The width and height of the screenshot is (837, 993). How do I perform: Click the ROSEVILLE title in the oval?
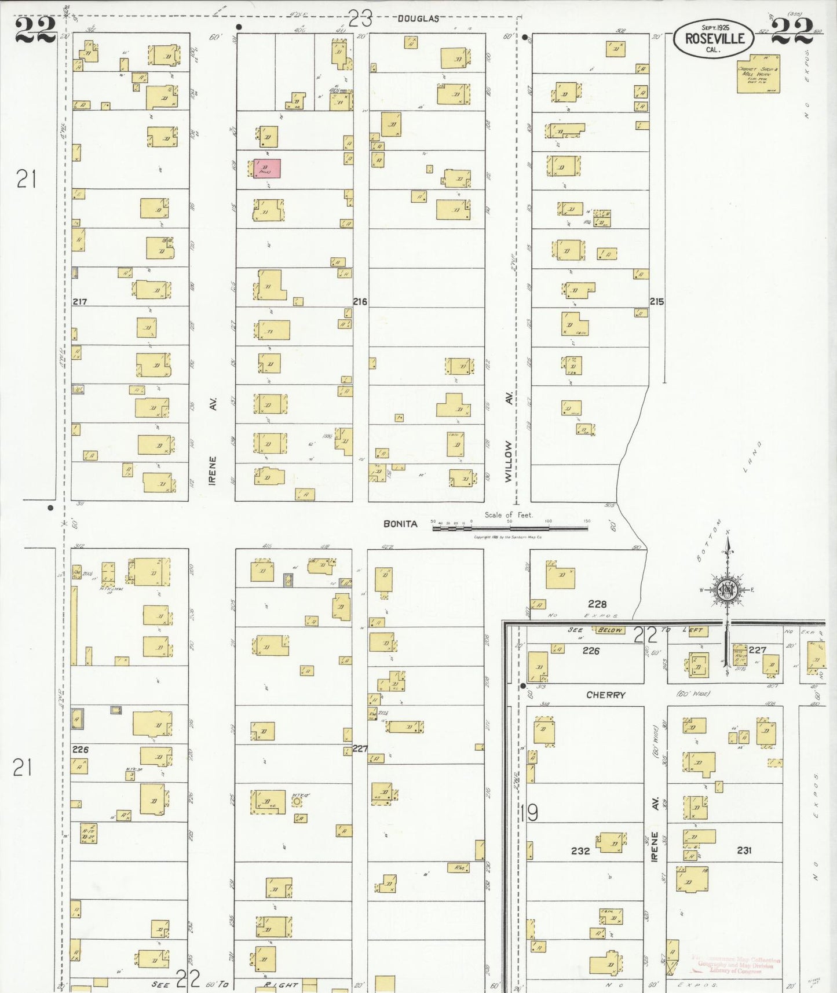(x=714, y=39)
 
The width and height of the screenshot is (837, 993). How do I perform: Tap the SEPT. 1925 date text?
(x=715, y=27)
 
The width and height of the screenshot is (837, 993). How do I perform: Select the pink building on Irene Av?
(x=268, y=169)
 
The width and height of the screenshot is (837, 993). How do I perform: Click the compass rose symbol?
(x=726, y=590)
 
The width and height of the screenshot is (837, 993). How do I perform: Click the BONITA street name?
(x=400, y=524)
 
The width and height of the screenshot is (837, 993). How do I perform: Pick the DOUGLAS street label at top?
(x=418, y=19)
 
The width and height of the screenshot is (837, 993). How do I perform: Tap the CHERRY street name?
(x=605, y=695)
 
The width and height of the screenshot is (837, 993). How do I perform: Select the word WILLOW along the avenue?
(x=509, y=461)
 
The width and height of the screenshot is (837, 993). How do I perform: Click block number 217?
(x=80, y=302)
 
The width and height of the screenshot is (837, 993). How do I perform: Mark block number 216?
(x=360, y=302)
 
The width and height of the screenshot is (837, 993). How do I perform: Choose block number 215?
(x=657, y=302)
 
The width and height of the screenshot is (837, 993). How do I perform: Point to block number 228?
(x=597, y=604)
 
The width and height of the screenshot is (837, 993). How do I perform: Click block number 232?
(x=580, y=850)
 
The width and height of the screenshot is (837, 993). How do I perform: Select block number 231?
(x=744, y=850)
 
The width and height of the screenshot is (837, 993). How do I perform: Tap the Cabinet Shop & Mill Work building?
(x=758, y=74)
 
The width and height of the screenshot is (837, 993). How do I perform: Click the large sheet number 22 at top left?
(x=35, y=30)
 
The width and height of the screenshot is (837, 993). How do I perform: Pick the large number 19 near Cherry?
(x=529, y=813)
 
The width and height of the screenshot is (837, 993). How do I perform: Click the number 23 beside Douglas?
(x=360, y=19)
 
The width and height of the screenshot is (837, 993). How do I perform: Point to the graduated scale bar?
(x=510, y=528)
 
